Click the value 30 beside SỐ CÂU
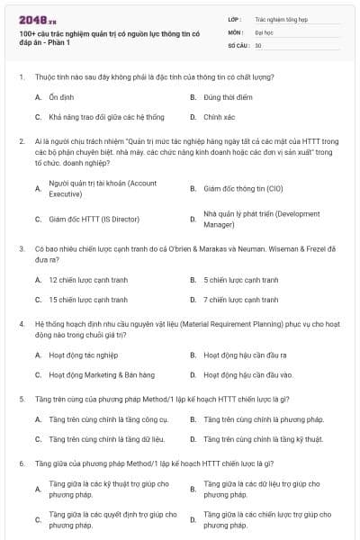coord(258,45)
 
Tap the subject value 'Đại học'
coord(265,31)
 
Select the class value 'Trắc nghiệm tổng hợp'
coord(281,18)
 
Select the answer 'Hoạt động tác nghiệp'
coord(84,355)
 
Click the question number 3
coord(21,247)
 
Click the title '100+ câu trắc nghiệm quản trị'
coord(99,35)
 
